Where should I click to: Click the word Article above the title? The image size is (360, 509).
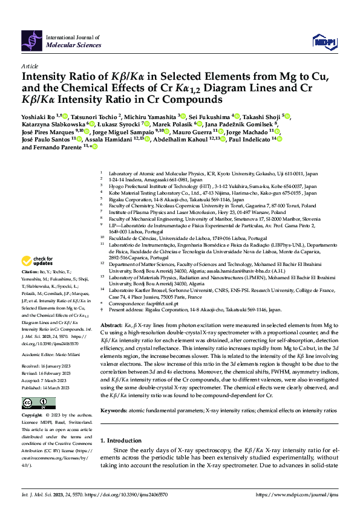(30, 66)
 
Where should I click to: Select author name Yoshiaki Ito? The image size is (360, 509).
(38, 115)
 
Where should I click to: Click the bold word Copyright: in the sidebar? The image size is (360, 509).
(33, 416)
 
